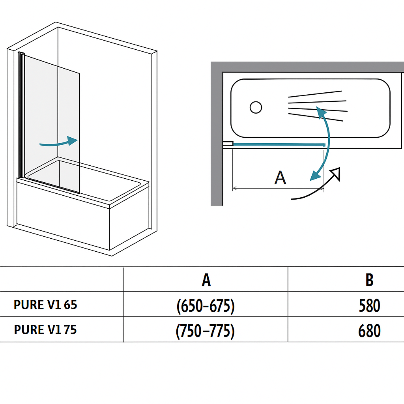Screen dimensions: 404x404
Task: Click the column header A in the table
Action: tap(206, 280)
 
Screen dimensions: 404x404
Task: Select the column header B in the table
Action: tap(369, 280)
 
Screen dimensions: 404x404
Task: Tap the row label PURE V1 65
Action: tap(45, 305)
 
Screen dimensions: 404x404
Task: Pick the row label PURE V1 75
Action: tap(45, 329)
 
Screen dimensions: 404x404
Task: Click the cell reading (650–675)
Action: tap(206, 306)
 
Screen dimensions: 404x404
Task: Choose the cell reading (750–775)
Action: tap(205, 331)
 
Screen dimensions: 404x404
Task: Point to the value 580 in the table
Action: tap(369, 306)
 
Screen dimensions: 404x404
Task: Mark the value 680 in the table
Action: tap(369, 331)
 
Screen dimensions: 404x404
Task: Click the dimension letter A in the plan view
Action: tap(280, 178)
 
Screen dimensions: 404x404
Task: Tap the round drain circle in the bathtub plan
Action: tap(256, 107)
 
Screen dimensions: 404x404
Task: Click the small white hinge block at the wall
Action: tap(228, 144)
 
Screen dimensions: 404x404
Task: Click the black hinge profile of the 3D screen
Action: tap(21, 114)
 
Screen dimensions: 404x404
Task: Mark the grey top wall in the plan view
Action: tap(308, 67)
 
